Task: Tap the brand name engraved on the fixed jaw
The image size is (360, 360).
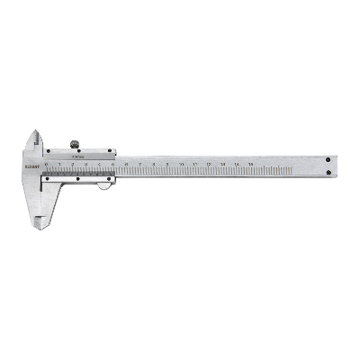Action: [25, 166]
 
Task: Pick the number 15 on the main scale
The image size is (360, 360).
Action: [250, 163]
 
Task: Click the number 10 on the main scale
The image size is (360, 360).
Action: [183, 163]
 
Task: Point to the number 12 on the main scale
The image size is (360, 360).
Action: [210, 163]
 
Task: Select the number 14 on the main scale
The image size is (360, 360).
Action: [237, 163]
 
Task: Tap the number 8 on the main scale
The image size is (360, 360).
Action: [155, 163]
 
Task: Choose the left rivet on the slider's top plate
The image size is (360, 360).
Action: [53, 154]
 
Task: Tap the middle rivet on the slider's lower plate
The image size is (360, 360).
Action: [79, 178]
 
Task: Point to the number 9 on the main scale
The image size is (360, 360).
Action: [168, 163]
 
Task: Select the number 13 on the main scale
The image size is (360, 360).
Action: [223, 163]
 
